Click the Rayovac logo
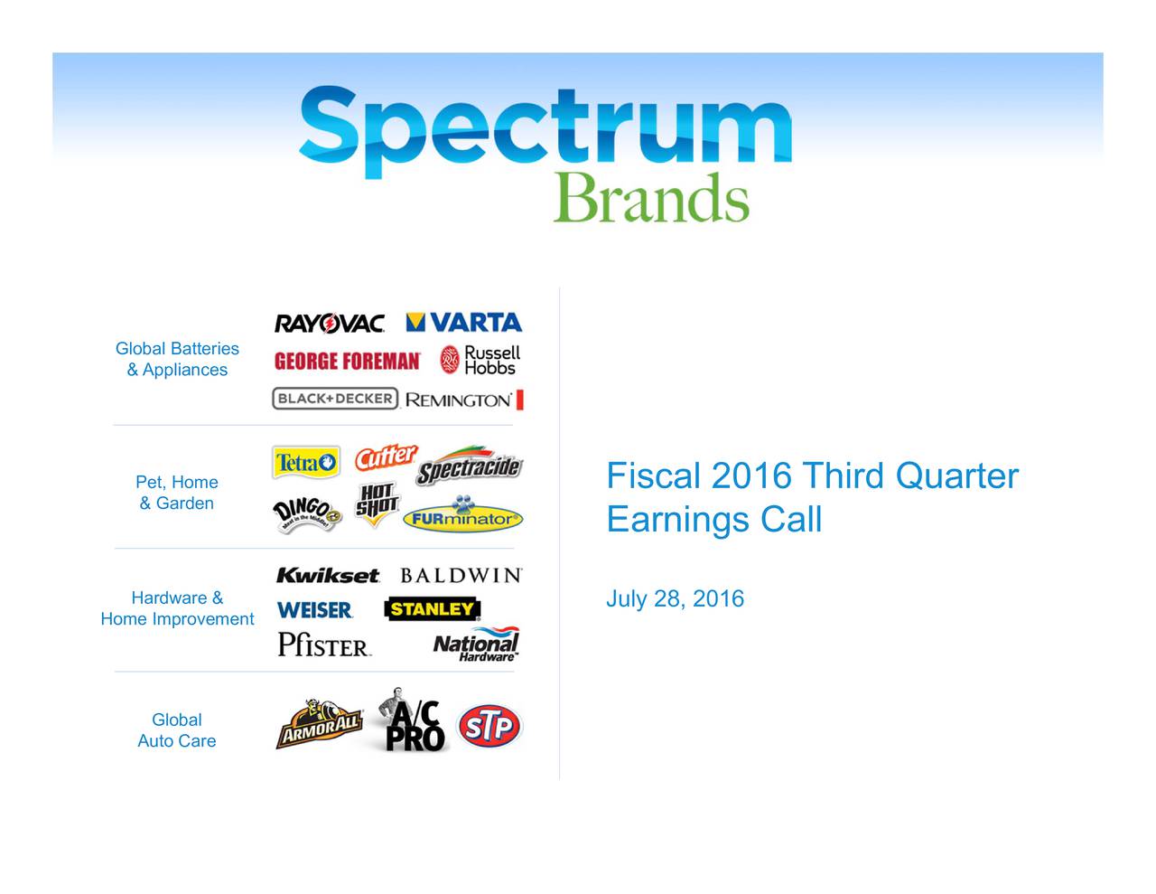330,323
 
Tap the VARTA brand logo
464,322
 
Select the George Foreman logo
347,361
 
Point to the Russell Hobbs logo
480,360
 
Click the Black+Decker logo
335,399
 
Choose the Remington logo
464,400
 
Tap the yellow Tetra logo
306,462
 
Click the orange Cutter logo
387,457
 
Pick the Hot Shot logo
378,504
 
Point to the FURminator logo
462,513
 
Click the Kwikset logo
328,575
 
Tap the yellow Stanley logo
433,609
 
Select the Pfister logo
324,645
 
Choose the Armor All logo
320,724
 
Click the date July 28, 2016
676,599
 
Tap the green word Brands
651,198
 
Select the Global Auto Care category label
177,730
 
